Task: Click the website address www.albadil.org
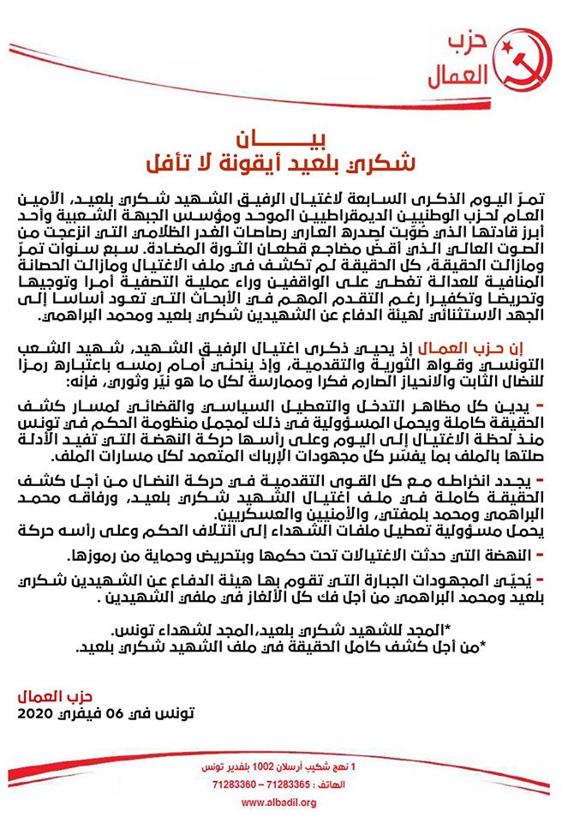click(x=285, y=802)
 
